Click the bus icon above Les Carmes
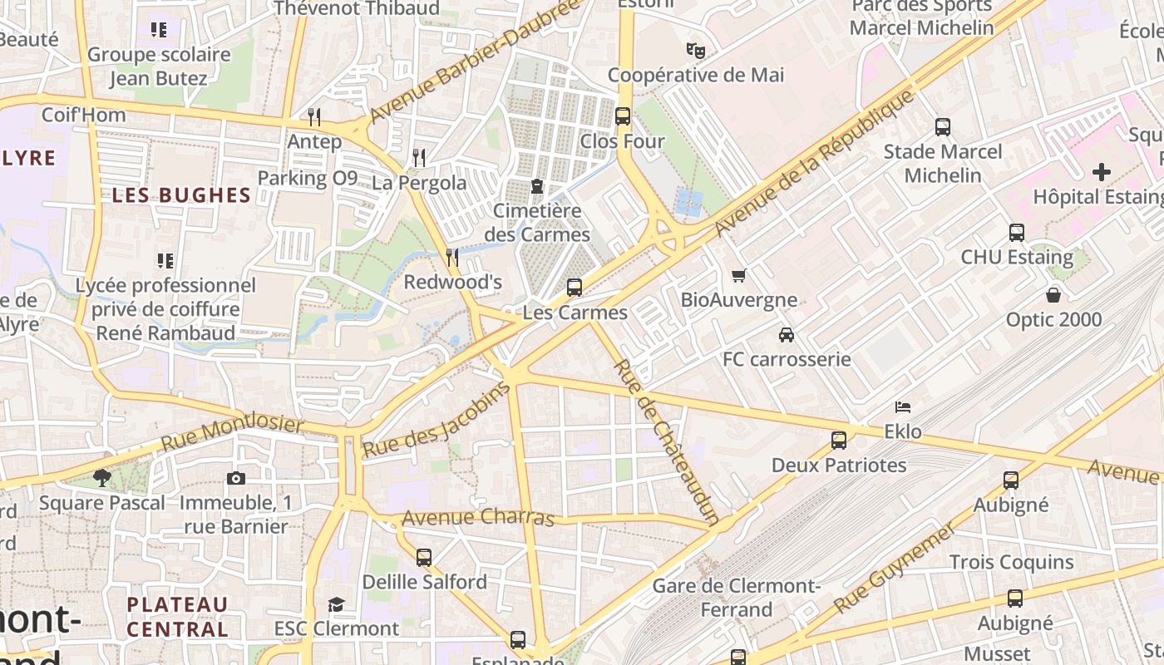[x=574, y=288]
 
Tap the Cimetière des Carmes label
[x=537, y=222]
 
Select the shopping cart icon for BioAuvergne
[x=738, y=275]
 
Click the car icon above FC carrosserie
[x=786, y=334]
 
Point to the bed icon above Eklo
[x=903, y=406]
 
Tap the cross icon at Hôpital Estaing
[x=1101, y=172]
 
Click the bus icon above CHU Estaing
[x=1016, y=233]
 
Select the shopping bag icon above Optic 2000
[x=1053, y=295]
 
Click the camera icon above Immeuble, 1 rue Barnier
[x=235, y=478]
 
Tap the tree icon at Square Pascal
[x=102, y=478]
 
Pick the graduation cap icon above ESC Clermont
[x=336, y=603]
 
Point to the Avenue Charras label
[x=478, y=518]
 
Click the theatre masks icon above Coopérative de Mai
[x=695, y=50]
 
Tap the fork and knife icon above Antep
[x=313, y=116]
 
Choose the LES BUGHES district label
[x=181, y=195]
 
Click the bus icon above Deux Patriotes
[x=838, y=440]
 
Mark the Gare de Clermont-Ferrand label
[x=737, y=598]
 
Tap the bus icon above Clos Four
[x=622, y=116]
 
